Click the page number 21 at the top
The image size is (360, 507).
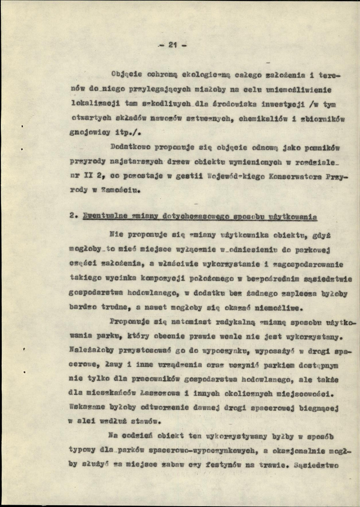click(172, 46)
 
